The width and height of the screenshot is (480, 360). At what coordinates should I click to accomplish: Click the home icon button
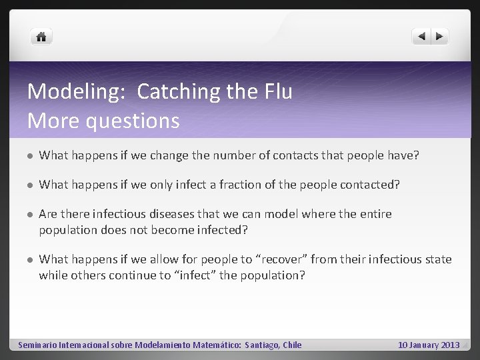41,37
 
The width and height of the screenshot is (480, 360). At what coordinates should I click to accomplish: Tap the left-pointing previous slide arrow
421,37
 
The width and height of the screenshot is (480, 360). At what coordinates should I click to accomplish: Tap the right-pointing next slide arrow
440,37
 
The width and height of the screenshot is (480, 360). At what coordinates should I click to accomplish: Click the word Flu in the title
276,91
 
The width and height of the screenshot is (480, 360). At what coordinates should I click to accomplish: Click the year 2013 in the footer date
450,345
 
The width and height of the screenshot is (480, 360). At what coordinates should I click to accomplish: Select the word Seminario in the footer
37,345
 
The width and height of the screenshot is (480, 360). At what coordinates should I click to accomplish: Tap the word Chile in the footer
292,345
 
